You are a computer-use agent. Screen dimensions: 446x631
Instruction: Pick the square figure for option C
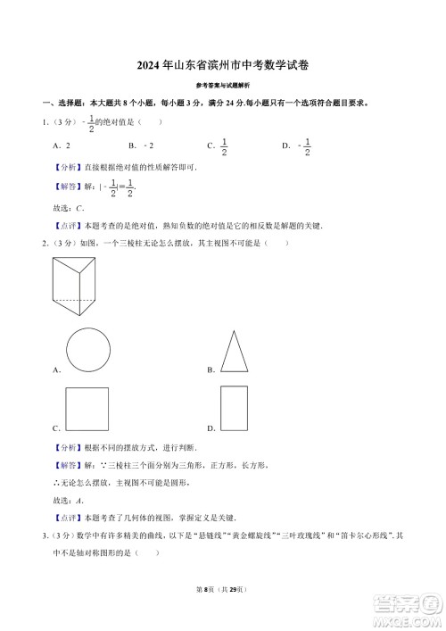pos(87,410)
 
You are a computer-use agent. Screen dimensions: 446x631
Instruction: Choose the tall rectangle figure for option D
pos(234,410)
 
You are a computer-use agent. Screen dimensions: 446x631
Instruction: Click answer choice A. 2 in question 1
pos(62,145)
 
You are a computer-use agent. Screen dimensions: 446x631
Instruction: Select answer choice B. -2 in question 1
pos(141,145)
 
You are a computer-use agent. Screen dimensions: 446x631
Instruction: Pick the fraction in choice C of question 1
pos(224,146)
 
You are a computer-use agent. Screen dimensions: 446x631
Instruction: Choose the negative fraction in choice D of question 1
pos(306,146)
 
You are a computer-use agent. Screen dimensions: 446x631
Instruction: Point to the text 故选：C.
pos(69,208)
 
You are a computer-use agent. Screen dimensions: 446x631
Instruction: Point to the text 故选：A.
pos(69,500)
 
